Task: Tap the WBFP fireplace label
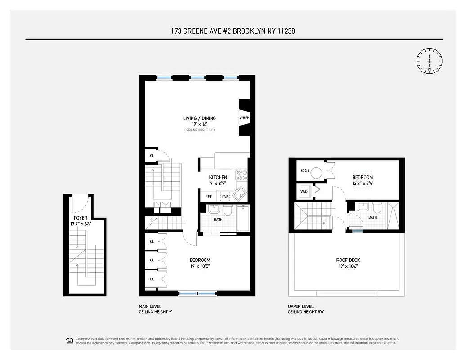coord(244,118)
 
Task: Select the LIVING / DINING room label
coord(199,118)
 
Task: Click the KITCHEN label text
coord(218,177)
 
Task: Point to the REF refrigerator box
coord(208,197)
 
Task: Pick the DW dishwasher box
coord(225,197)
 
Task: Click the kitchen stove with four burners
coord(242,174)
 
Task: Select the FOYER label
coord(81,218)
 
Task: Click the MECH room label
coord(304,171)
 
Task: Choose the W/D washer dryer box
coord(304,191)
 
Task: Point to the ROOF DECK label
coord(348,260)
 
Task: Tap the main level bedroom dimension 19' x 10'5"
coord(200,266)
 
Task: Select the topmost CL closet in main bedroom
coord(152,242)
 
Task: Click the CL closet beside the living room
coord(152,156)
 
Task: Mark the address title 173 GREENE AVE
coord(233,31)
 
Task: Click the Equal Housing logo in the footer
coord(69,340)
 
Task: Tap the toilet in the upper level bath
coord(376,208)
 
